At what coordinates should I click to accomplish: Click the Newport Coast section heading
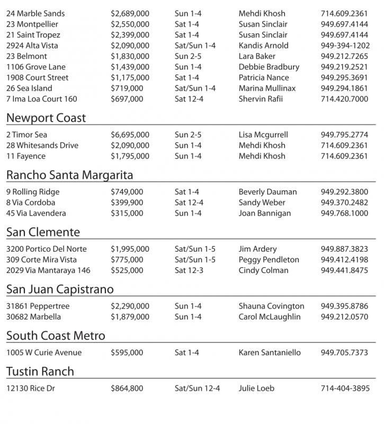[46, 118]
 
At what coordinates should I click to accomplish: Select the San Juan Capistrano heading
[60, 289]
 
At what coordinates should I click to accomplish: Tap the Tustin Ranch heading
[40, 371]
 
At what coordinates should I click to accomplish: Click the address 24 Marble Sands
[35, 13]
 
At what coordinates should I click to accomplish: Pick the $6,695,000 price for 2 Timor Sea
[130, 135]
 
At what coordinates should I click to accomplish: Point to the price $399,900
[127, 202]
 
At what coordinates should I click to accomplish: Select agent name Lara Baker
[257, 56]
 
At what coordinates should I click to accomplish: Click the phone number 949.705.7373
[345, 352]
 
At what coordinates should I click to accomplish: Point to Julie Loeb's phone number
[345, 388]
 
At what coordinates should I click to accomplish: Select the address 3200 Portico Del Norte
[47, 249]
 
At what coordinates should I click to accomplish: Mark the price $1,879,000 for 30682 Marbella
[130, 317]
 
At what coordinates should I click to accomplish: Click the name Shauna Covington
[271, 306]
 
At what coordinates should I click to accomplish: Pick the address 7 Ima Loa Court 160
[41, 99]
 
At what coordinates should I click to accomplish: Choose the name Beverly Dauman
[267, 192]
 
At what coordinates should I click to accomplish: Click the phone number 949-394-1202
[345, 46]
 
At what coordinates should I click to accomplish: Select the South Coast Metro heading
[56, 335]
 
